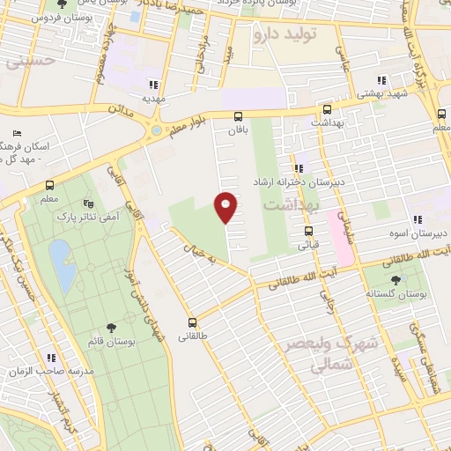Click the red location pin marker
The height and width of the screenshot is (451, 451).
[226, 206]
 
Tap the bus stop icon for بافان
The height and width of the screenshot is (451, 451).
[238, 116]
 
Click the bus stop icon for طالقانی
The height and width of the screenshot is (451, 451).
[193, 322]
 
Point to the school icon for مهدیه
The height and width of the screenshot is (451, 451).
[154, 85]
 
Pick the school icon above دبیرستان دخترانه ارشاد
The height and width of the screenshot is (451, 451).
[298, 167]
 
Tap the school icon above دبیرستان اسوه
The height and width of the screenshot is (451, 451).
[418, 218]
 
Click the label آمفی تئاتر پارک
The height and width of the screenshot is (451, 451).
[88, 215]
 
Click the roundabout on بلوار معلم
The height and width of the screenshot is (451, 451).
[157, 131]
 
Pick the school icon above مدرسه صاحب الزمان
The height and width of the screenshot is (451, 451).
[51, 358]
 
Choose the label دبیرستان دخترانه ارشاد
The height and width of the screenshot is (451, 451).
[337, 181]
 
